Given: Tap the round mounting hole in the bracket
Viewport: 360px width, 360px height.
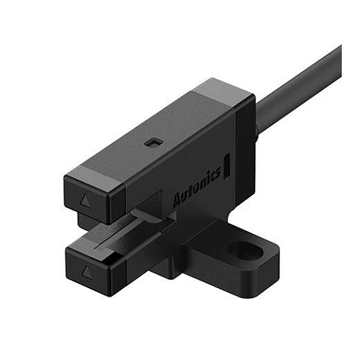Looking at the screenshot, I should (x=240, y=251).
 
